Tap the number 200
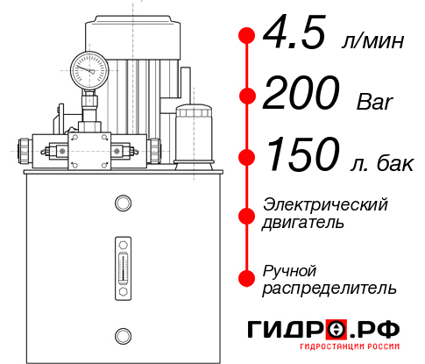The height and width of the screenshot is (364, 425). coord(302,95)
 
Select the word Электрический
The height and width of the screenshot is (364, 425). coord(325,204)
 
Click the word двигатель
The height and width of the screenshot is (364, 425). coord(303,222)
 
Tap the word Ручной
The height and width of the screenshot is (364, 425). coord(290,269)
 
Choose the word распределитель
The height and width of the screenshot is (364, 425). coord(329,287)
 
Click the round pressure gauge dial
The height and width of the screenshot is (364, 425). coord(89,67)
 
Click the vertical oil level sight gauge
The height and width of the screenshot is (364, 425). coord(123,263)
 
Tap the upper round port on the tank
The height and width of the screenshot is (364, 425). coord(123,204)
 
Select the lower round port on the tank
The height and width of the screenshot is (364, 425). coord(123,334)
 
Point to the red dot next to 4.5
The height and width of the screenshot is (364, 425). coord(247,35)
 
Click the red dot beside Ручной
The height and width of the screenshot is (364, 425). coord(247,278)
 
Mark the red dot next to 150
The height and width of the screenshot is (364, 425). coord(247,157)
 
